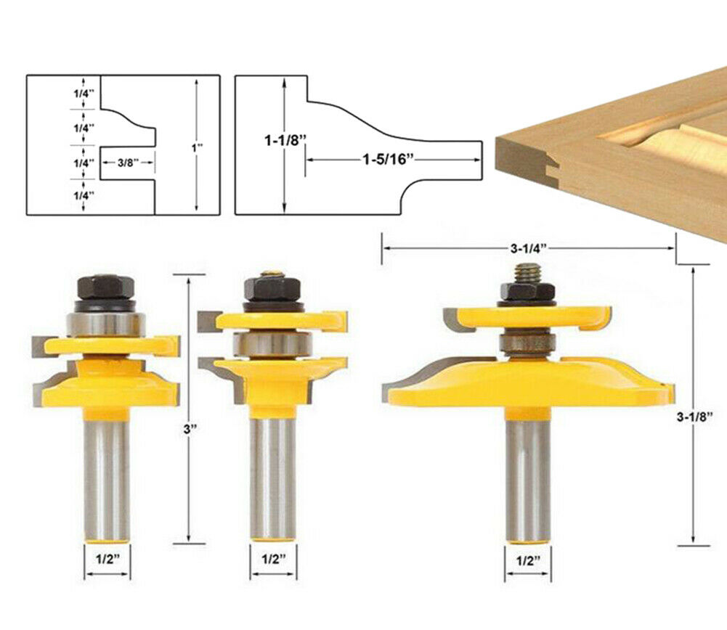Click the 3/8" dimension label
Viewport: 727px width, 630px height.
click(128, 163)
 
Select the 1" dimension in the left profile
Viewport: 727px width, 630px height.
click(197, 147)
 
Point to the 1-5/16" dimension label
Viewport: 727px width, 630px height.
click(387, 160)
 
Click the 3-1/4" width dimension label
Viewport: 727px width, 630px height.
click(529, 248)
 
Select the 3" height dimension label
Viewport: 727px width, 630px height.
click(190, 429)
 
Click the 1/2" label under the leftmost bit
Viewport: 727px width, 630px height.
click(107, 559)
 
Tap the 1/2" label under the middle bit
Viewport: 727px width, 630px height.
click(274, 559)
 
